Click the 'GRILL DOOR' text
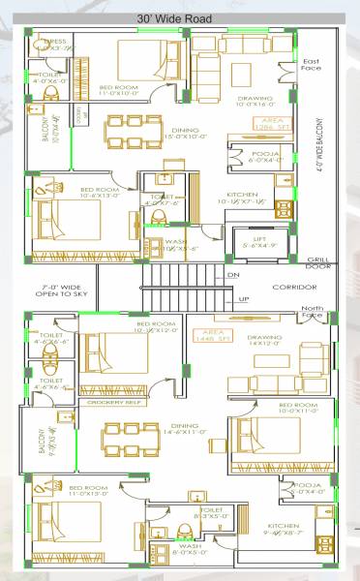(317, 263)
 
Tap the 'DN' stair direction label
(232, 276)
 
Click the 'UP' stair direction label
(231, 299)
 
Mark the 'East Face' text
(312, 66)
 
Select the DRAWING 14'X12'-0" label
(264, 341)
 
